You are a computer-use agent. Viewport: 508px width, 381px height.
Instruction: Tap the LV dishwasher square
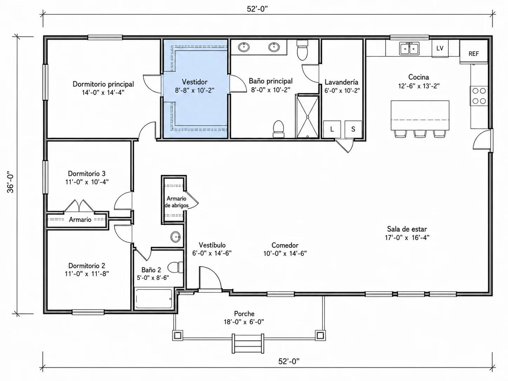point(440,48)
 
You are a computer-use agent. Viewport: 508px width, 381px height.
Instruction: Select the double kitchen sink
point(409,48)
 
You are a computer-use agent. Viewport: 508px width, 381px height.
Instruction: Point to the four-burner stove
point(479,96)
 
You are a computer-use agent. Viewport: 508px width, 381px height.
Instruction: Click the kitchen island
point(420,115)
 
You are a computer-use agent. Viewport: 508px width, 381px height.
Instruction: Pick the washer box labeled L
point(332,129)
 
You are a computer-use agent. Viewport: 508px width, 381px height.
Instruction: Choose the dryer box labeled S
point(353,129)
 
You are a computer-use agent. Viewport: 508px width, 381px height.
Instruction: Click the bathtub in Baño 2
point(154,299)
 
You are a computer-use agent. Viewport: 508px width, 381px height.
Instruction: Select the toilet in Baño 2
point(175,267)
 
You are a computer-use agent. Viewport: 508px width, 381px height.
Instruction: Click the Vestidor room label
point(195,82)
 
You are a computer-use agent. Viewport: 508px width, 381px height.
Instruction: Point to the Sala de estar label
point(407,229)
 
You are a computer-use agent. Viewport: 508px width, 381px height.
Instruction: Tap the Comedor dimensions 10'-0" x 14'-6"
point(285,254)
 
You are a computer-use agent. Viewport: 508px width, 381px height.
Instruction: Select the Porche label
point(244,314)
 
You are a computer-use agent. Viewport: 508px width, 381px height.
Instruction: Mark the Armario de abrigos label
point(176,202)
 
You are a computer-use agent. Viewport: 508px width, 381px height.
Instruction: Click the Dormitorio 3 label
point(87,174)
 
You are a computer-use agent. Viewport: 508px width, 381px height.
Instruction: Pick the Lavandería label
point(341,82)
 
